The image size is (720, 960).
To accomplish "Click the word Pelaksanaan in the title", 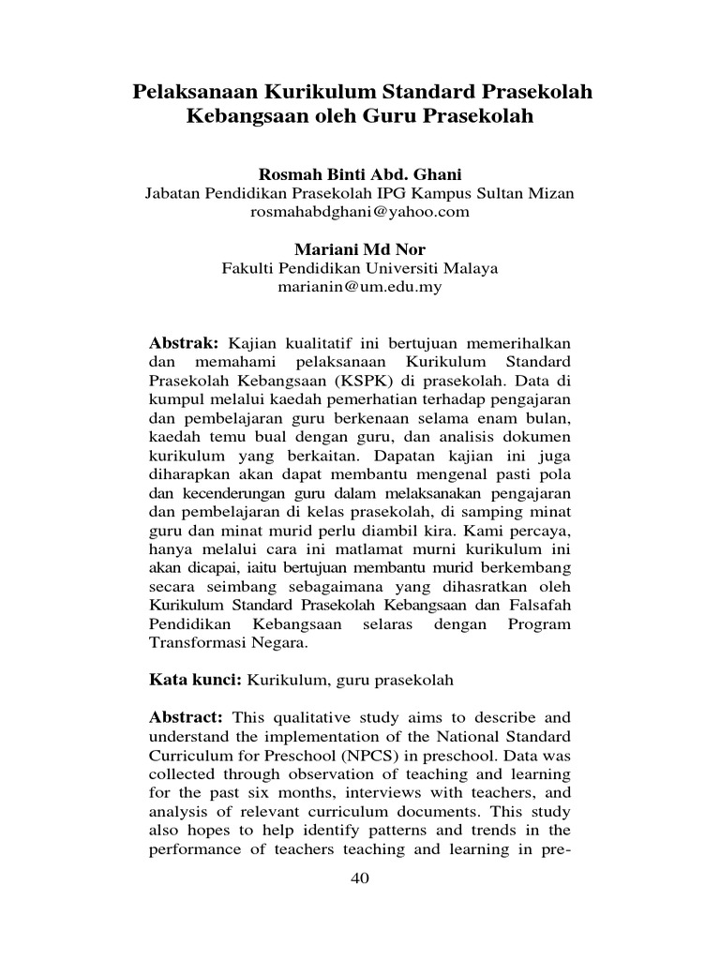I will (193, 93).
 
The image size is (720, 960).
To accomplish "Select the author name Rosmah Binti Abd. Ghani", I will (359, 175).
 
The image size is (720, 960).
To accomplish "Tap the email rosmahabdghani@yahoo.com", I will (359, 212).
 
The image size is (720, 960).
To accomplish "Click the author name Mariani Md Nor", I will (359, 249).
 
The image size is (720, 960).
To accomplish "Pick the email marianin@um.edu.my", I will (359, 287).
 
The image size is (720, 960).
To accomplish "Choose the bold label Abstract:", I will (187, 717).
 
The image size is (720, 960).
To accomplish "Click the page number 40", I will (360, 877).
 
